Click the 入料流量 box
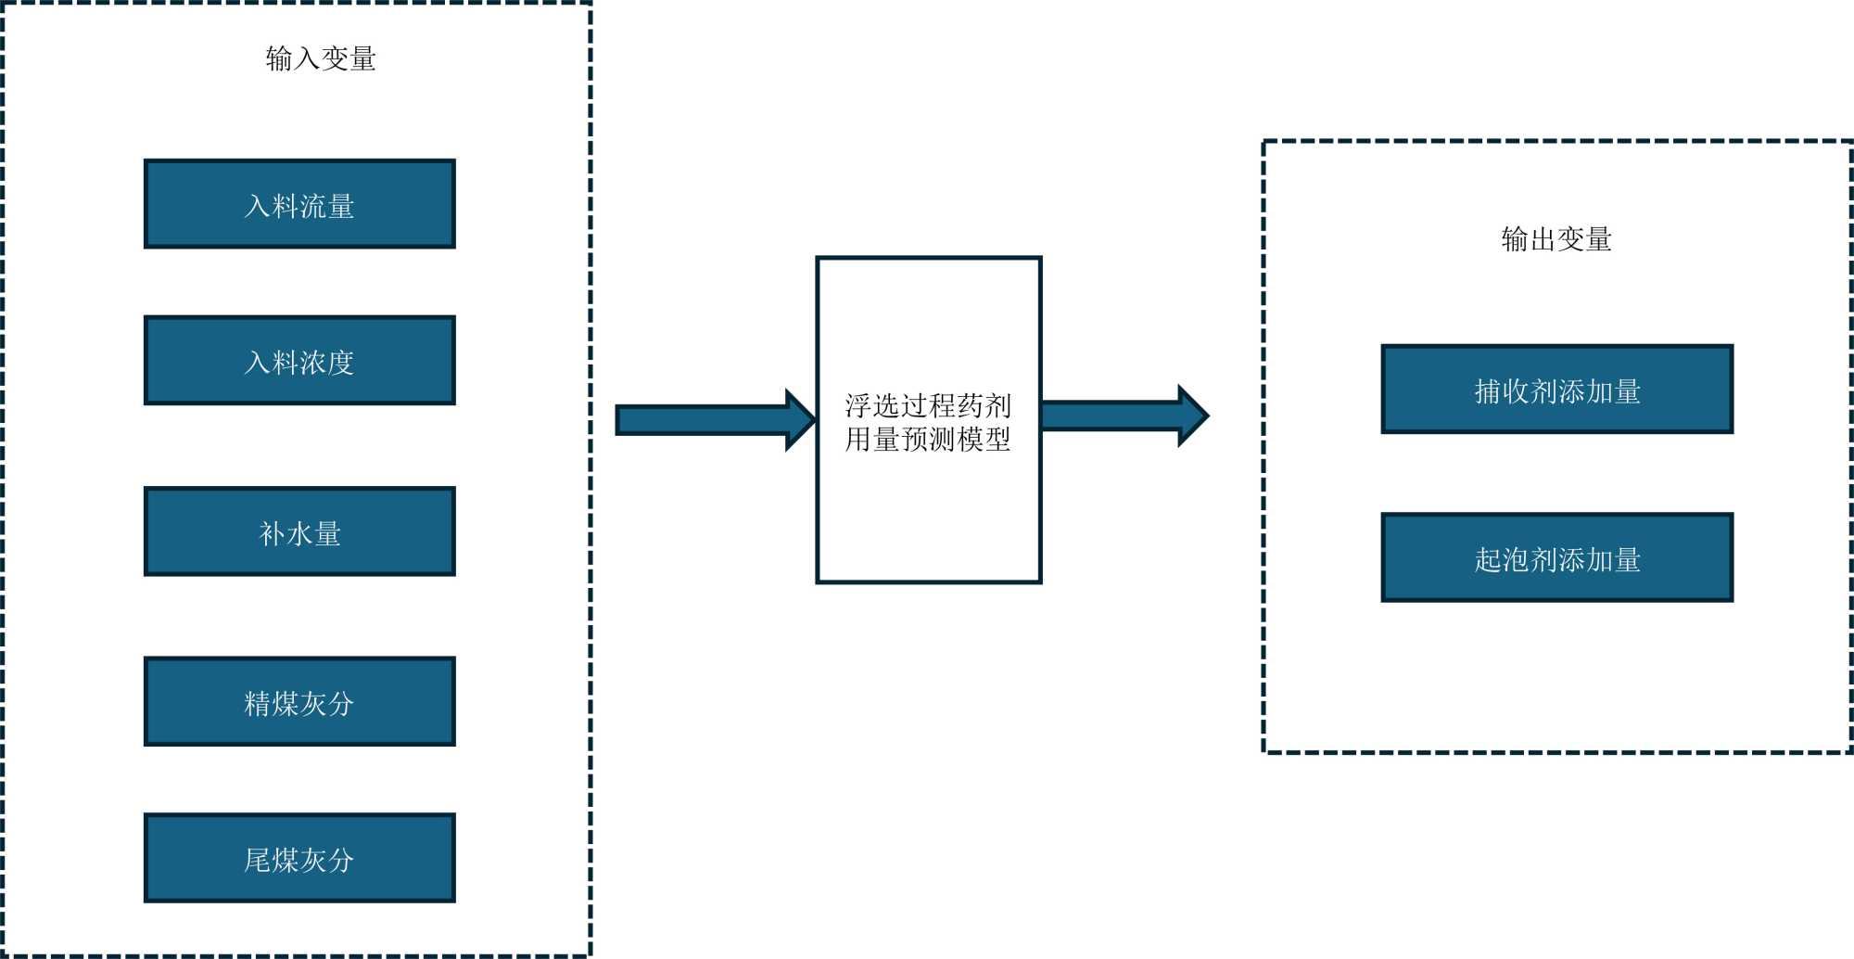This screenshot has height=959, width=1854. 299,204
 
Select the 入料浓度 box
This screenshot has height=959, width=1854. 299,361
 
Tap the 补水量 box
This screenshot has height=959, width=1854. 299,531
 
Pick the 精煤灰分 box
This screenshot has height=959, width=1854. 299,702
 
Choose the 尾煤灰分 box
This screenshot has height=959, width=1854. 299,858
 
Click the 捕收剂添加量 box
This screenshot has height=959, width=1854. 1556,390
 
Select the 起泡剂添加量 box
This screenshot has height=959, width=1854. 1556,557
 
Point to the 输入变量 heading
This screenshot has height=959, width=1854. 321,58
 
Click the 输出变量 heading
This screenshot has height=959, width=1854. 1556,239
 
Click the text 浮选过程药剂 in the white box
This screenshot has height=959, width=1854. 928,405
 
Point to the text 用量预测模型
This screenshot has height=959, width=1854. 928,439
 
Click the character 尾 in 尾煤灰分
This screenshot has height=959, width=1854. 257,860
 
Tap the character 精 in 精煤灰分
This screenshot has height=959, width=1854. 257,704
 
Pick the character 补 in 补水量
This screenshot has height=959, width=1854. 272,533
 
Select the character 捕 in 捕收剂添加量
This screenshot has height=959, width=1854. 1488,391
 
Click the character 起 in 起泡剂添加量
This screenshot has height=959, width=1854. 1488,559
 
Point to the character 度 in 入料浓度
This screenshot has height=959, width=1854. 341,363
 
